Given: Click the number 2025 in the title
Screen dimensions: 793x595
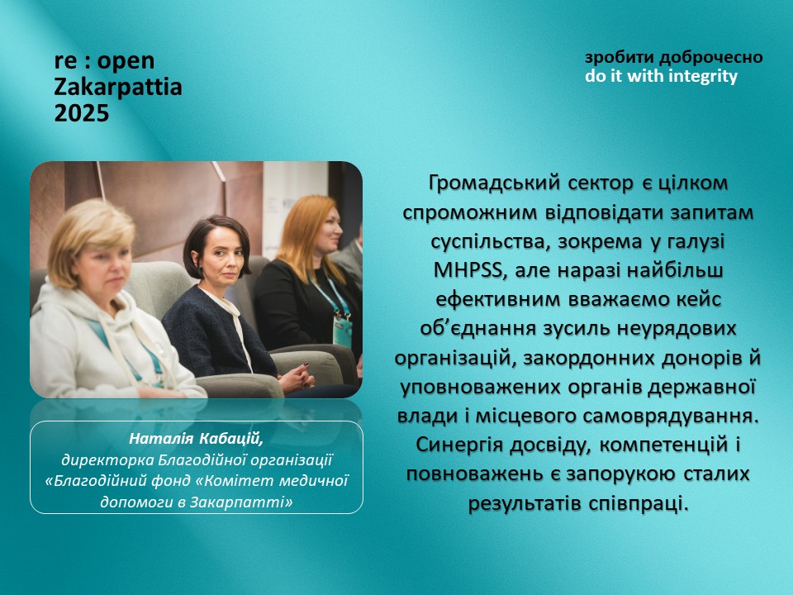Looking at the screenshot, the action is (82, 113).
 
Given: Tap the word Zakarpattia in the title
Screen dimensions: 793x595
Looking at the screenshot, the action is (118, 87).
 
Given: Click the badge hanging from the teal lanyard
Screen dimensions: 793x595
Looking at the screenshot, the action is (342, 331).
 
